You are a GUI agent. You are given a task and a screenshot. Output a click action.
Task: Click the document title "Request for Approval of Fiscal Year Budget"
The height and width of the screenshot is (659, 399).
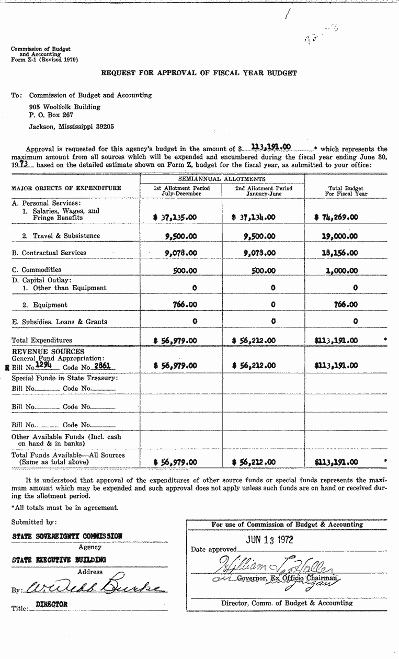pyautogui.click(x=199, y=73)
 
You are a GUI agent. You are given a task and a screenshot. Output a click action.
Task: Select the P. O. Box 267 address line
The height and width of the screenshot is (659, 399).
pyautogui.click(x=51, y=115)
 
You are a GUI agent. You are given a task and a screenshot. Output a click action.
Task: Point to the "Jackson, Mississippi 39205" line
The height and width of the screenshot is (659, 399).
pyautogui.click(x=72, y=127)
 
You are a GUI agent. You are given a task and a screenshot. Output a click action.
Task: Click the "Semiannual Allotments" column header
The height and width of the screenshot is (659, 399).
pyautogui.click(x=222, y=179)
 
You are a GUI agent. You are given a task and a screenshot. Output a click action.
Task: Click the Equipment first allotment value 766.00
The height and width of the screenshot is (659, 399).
pyautogui.click(x=185, y=304)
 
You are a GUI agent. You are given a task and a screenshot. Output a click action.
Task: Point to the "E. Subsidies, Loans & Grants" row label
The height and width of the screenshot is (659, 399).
pyautogui.click(x=59, y=322)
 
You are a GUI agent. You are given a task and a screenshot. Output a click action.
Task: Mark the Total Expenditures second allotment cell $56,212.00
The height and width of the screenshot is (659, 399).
pyautogui.click(x=253, y=340)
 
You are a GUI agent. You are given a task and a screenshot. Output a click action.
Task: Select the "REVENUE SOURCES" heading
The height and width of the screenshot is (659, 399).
pyautogui.click(x=48, y=352)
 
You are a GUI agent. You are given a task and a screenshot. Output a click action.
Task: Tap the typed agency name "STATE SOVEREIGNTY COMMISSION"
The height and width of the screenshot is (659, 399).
pyautogui.click(x=67, y=536)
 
